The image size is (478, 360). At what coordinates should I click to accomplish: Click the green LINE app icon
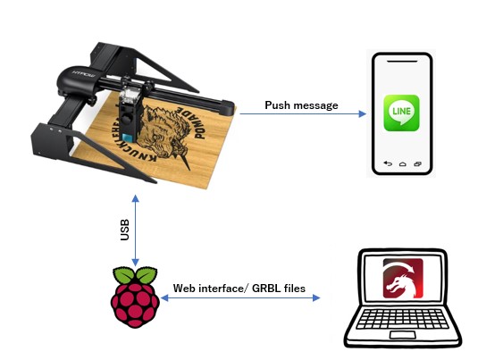[401, 113]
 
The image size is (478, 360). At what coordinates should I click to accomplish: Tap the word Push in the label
[277, 105]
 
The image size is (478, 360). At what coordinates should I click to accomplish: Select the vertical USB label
[125, 230]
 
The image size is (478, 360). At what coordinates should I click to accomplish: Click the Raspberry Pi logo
[135, 297]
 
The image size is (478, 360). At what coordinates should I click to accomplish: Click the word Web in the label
[184, 288]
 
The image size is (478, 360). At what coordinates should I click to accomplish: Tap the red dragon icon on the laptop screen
[403, 278]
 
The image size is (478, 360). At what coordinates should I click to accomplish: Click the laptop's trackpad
[402, 335]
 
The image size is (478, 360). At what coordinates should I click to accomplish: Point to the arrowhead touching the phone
[363, 113]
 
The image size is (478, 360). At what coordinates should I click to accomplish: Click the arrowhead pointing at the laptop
[316, 297]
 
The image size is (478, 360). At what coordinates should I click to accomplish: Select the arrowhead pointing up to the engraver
[135, 198]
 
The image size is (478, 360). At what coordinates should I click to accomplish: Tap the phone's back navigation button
[388, 163]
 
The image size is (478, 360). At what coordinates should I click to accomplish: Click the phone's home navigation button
[403, 164]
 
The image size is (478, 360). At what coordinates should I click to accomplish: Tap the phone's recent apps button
[417, 164]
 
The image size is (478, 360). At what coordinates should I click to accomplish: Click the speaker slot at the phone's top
[402, 62]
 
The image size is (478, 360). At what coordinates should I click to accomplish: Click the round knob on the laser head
[126, 117]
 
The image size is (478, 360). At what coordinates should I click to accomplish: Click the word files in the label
[295, 288]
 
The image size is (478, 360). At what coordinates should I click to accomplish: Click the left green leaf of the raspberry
[123, 274]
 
